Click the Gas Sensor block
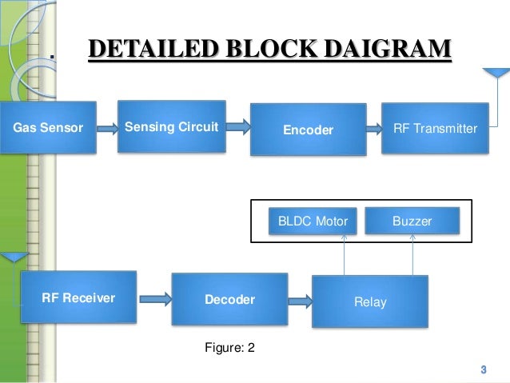pos(48,127)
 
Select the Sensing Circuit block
pos(172,126)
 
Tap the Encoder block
pos(309,130)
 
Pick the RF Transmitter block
pos(435,128)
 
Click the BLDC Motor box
pos(313,221)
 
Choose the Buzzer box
pos(412,221)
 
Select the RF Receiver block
pos(78,297)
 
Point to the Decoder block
pos(229,299)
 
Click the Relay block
pos(370,301)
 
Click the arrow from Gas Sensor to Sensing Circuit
pos(108,129)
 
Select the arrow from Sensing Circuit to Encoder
pos(238,126)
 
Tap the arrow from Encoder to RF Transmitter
pos(374,129)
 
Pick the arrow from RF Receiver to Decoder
pos(155,299)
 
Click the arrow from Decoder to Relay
pos(301,301)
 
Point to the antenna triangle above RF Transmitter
pos(496,73)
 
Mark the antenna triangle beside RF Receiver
pos(14,257)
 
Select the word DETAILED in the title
pos(153,49)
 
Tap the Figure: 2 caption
pos(229,348)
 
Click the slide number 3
pos(484,369)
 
